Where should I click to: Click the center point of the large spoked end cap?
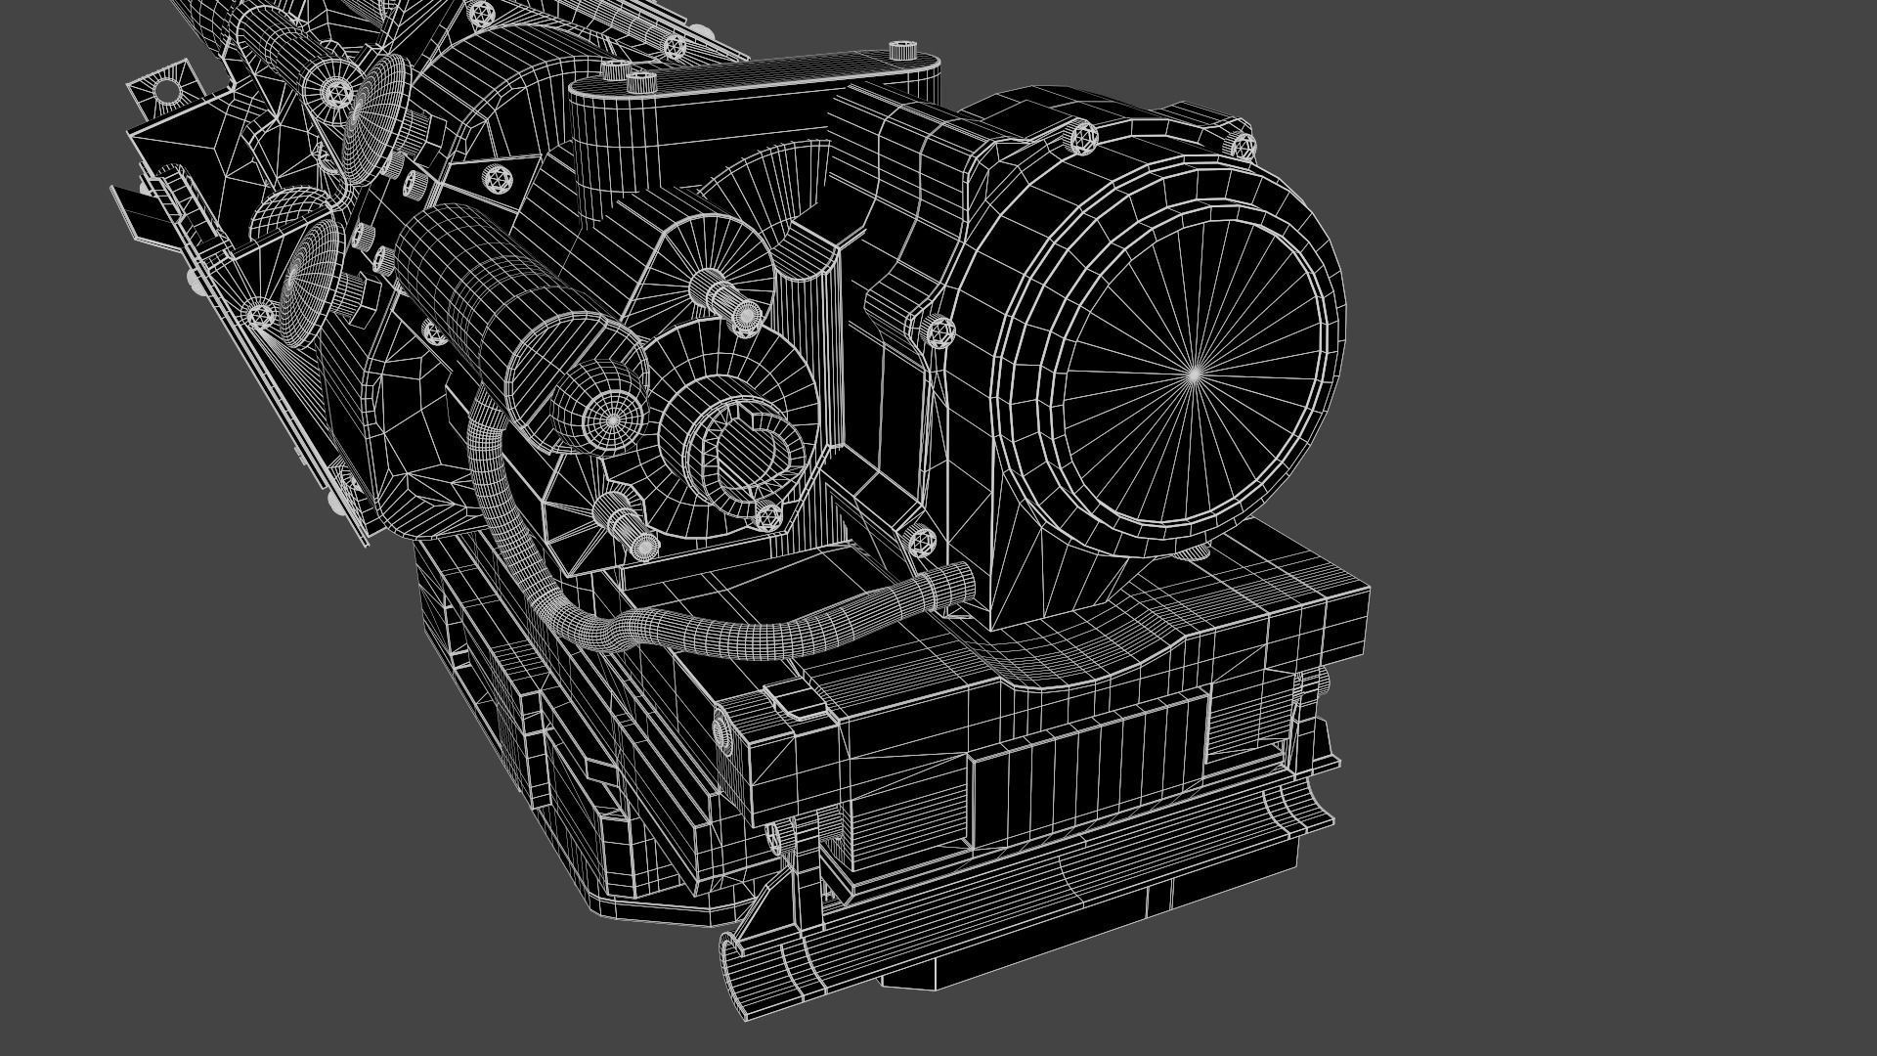(1194, 374)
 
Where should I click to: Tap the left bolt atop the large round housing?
(1082, 137)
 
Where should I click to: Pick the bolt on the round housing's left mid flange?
(939, 331)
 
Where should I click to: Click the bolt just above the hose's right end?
(920, 539)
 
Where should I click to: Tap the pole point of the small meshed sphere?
(612, 420)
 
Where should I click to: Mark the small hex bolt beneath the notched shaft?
(768, 515)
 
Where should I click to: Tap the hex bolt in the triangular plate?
(497, 178)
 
